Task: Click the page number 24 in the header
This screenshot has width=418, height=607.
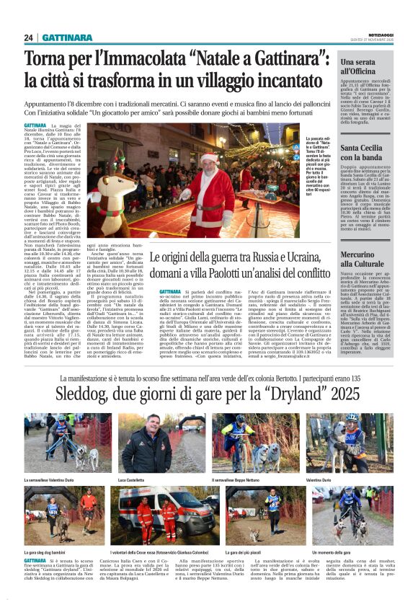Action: [x=29, y=37]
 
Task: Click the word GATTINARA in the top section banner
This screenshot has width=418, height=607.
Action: [x=67, y=37]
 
